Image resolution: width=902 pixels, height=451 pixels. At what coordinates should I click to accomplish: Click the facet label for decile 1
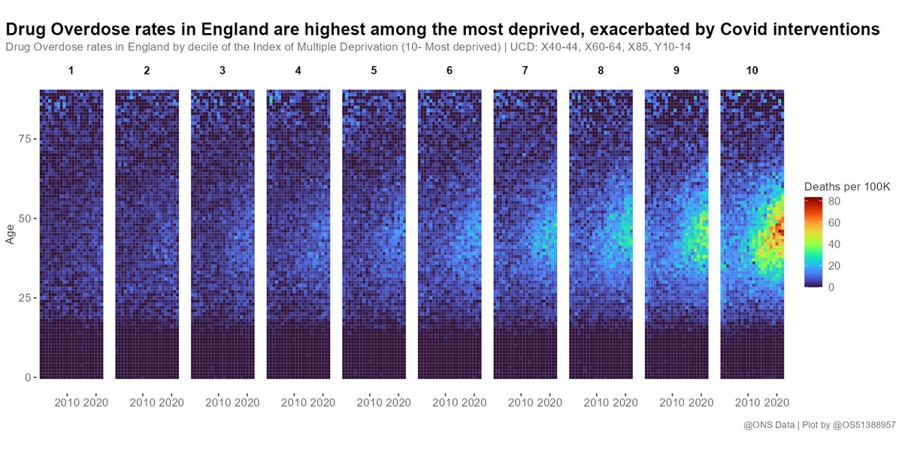71,71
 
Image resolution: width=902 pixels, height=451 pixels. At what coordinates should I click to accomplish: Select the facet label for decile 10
752,71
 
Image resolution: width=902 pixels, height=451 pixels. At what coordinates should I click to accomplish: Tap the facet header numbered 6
449,71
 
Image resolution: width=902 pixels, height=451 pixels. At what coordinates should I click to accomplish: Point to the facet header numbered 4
298,71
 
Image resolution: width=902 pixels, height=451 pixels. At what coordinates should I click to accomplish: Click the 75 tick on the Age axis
23,140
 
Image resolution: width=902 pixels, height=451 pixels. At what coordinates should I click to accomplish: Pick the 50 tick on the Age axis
23,219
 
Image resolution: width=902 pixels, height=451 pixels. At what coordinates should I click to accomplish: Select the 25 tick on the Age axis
23,298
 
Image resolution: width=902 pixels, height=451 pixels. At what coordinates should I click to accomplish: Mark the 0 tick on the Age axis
27,377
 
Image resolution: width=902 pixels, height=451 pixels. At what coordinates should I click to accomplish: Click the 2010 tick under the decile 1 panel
68,402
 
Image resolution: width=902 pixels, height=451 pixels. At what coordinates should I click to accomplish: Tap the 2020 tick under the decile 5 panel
398,402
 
